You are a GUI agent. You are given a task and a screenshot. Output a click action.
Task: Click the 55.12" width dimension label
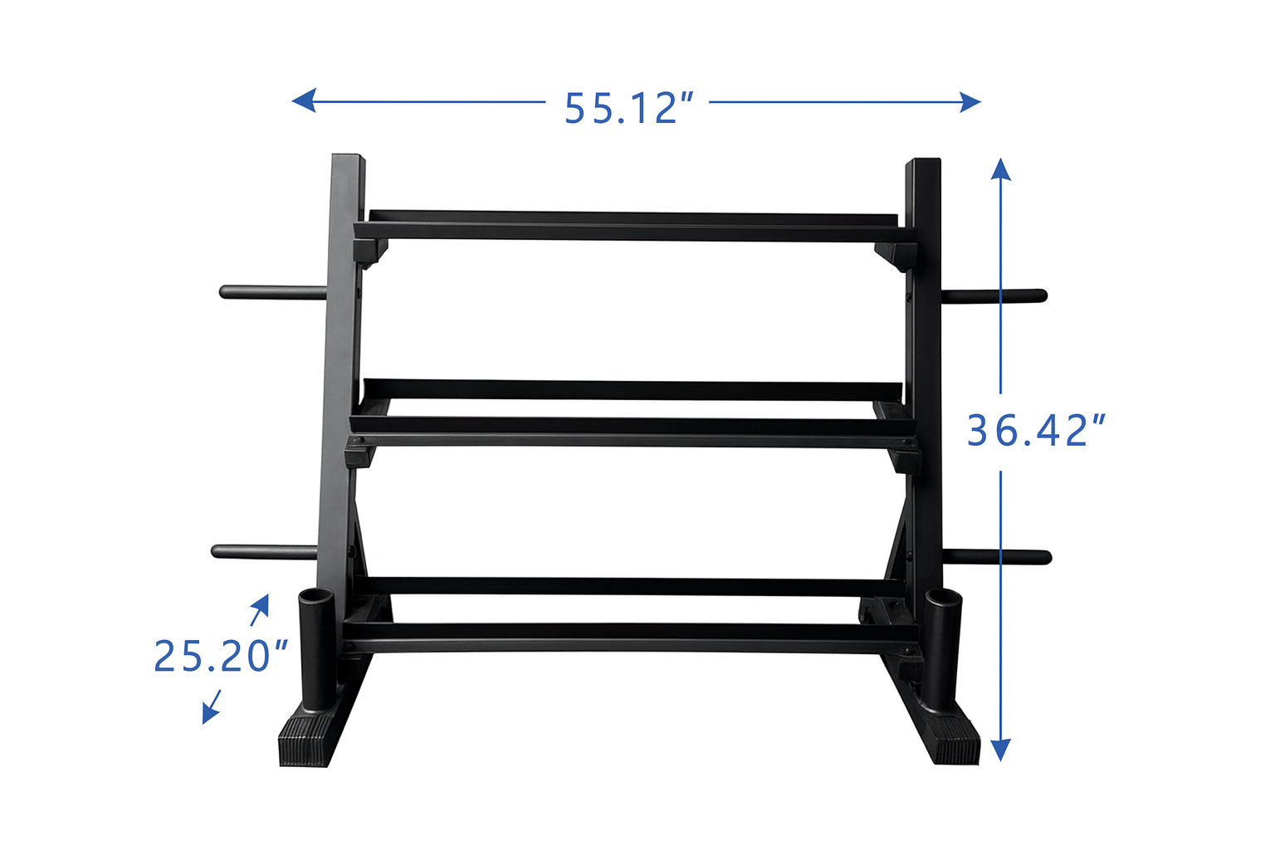(628, 109)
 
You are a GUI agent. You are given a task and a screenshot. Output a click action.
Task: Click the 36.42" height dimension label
(1036, 431)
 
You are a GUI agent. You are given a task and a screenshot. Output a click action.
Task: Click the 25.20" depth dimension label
(221, 656)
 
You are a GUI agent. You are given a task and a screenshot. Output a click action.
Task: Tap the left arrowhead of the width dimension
(303, 100)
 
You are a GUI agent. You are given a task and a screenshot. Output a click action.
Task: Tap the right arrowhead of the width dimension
(970, 102)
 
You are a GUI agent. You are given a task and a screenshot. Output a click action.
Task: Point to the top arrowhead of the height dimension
(1000, 169)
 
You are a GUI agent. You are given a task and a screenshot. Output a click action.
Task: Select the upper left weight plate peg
(272, 292)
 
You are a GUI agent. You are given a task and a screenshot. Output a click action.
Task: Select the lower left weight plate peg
(264, 551)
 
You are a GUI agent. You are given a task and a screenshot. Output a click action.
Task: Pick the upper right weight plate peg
(995, 296)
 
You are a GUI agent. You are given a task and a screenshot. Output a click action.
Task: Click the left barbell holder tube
(316, 648)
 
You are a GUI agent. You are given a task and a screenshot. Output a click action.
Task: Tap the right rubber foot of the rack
(955, 741)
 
